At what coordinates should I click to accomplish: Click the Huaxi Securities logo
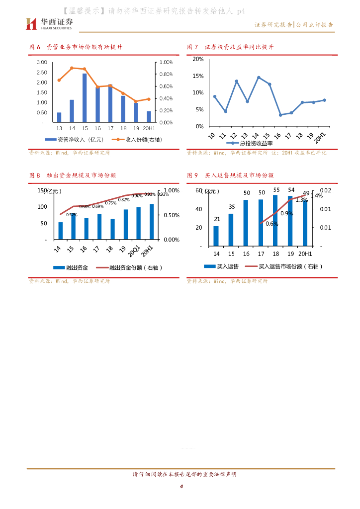[49, 23]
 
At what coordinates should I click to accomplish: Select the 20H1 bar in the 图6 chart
[149, 116]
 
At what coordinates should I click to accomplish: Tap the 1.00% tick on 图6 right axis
[166, 62]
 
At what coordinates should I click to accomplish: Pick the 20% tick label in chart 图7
[198, 59]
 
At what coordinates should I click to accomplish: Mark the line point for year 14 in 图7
[259, 78]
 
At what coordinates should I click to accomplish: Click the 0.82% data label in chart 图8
[124, 200]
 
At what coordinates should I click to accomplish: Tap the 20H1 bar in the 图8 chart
[152, 222]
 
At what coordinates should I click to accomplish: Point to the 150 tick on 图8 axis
[43, 190]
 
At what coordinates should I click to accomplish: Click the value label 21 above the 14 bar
[217, 219]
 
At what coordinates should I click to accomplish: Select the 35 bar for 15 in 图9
[231, 230]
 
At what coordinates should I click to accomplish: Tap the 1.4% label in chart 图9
[316, 196]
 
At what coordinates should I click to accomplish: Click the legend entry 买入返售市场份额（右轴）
[290, 266]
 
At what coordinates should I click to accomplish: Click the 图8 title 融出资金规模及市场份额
[81, 175]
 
